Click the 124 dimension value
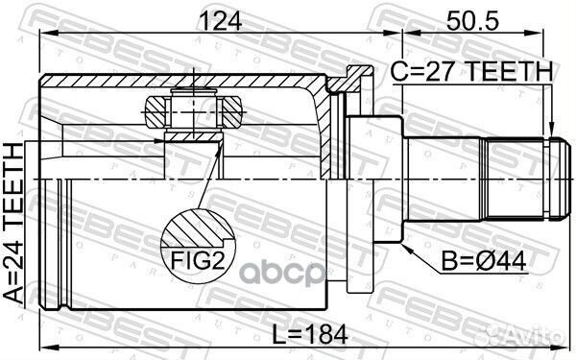(220, 20)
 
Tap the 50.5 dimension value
(472, 20)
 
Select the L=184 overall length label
(310, 335)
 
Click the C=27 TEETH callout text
(471, 71)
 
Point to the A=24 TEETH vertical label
(13, 224)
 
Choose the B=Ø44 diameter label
(483, 261)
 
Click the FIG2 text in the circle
(197, 261)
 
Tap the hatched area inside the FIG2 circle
(195, 228)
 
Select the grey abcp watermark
(283, 273)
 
